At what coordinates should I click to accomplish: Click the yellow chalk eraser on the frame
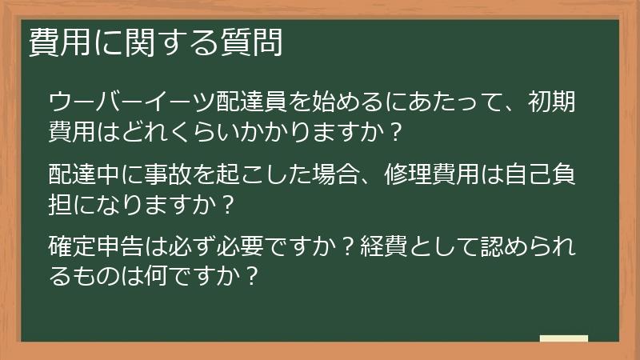[x=564, y=339]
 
